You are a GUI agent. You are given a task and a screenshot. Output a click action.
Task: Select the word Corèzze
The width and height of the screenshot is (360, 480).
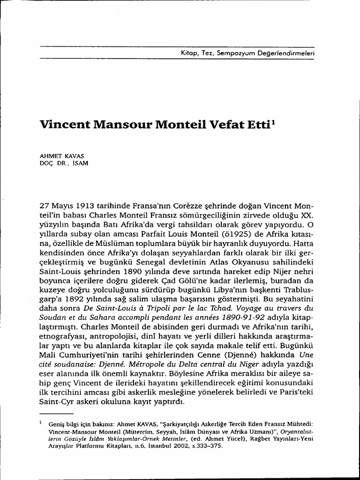point(176,207)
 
